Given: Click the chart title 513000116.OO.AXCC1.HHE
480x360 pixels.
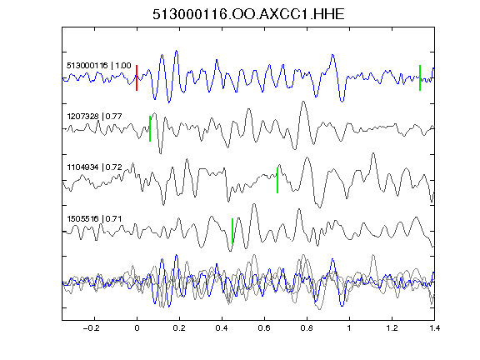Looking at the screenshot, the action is [x=248, y=14].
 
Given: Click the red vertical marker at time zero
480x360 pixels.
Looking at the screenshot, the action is [x=137, y=77].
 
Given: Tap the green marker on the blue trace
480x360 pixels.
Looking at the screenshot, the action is [x=420, y=77].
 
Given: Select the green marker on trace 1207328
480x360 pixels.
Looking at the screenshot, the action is [x=150, y=128].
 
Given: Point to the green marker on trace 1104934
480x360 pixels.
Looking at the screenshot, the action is [x=277, y=180].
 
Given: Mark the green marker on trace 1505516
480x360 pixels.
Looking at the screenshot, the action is [x=232, y=231].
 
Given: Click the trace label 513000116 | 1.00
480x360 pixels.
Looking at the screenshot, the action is [x=99, y=66].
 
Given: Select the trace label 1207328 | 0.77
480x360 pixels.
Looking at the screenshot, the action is [x=94, y=117].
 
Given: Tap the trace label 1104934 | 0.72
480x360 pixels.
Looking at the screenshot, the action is [x=94, y=167].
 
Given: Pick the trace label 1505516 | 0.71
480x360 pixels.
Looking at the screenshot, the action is [x=94, y=219].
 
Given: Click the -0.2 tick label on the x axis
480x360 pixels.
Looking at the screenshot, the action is [x=92, y=328].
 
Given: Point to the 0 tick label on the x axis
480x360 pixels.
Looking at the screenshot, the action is [x=137, y=328].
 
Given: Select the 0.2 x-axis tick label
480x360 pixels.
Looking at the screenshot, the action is [x=179, y=328].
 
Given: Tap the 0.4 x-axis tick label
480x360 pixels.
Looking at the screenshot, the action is [x=222, y=328].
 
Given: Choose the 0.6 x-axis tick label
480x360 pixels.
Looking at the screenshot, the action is [x=264, y=328].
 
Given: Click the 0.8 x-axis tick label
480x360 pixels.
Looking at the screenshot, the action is [x=307, y=328].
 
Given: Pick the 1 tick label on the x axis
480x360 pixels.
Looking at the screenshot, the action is [x=349, y=328].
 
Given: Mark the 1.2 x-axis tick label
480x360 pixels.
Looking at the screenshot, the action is [x=392, y=328].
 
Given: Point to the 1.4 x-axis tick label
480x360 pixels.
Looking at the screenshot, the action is [x=435, y=328].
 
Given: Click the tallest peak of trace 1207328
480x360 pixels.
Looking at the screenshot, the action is [x=303, y=102].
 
